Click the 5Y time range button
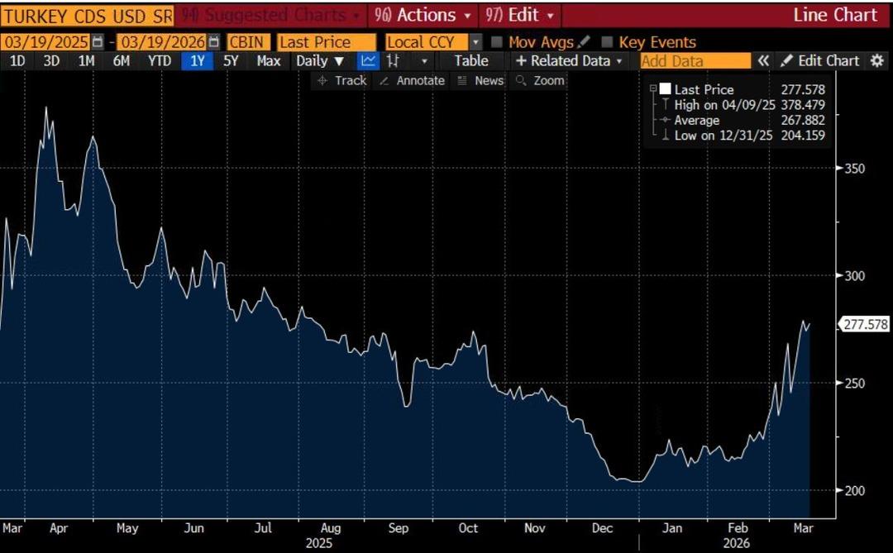click(231, 60)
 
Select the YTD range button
click(160, 60)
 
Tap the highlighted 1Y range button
click(197, 60)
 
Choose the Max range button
click(268, 60)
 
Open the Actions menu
click(423, 15)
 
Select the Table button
click(470, 60)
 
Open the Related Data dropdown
click(569, 60)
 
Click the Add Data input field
click(695, 60)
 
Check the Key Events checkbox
click(607, 42)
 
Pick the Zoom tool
click(541, 80)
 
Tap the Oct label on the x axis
click(468, 528)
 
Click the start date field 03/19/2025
click(47, 42)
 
